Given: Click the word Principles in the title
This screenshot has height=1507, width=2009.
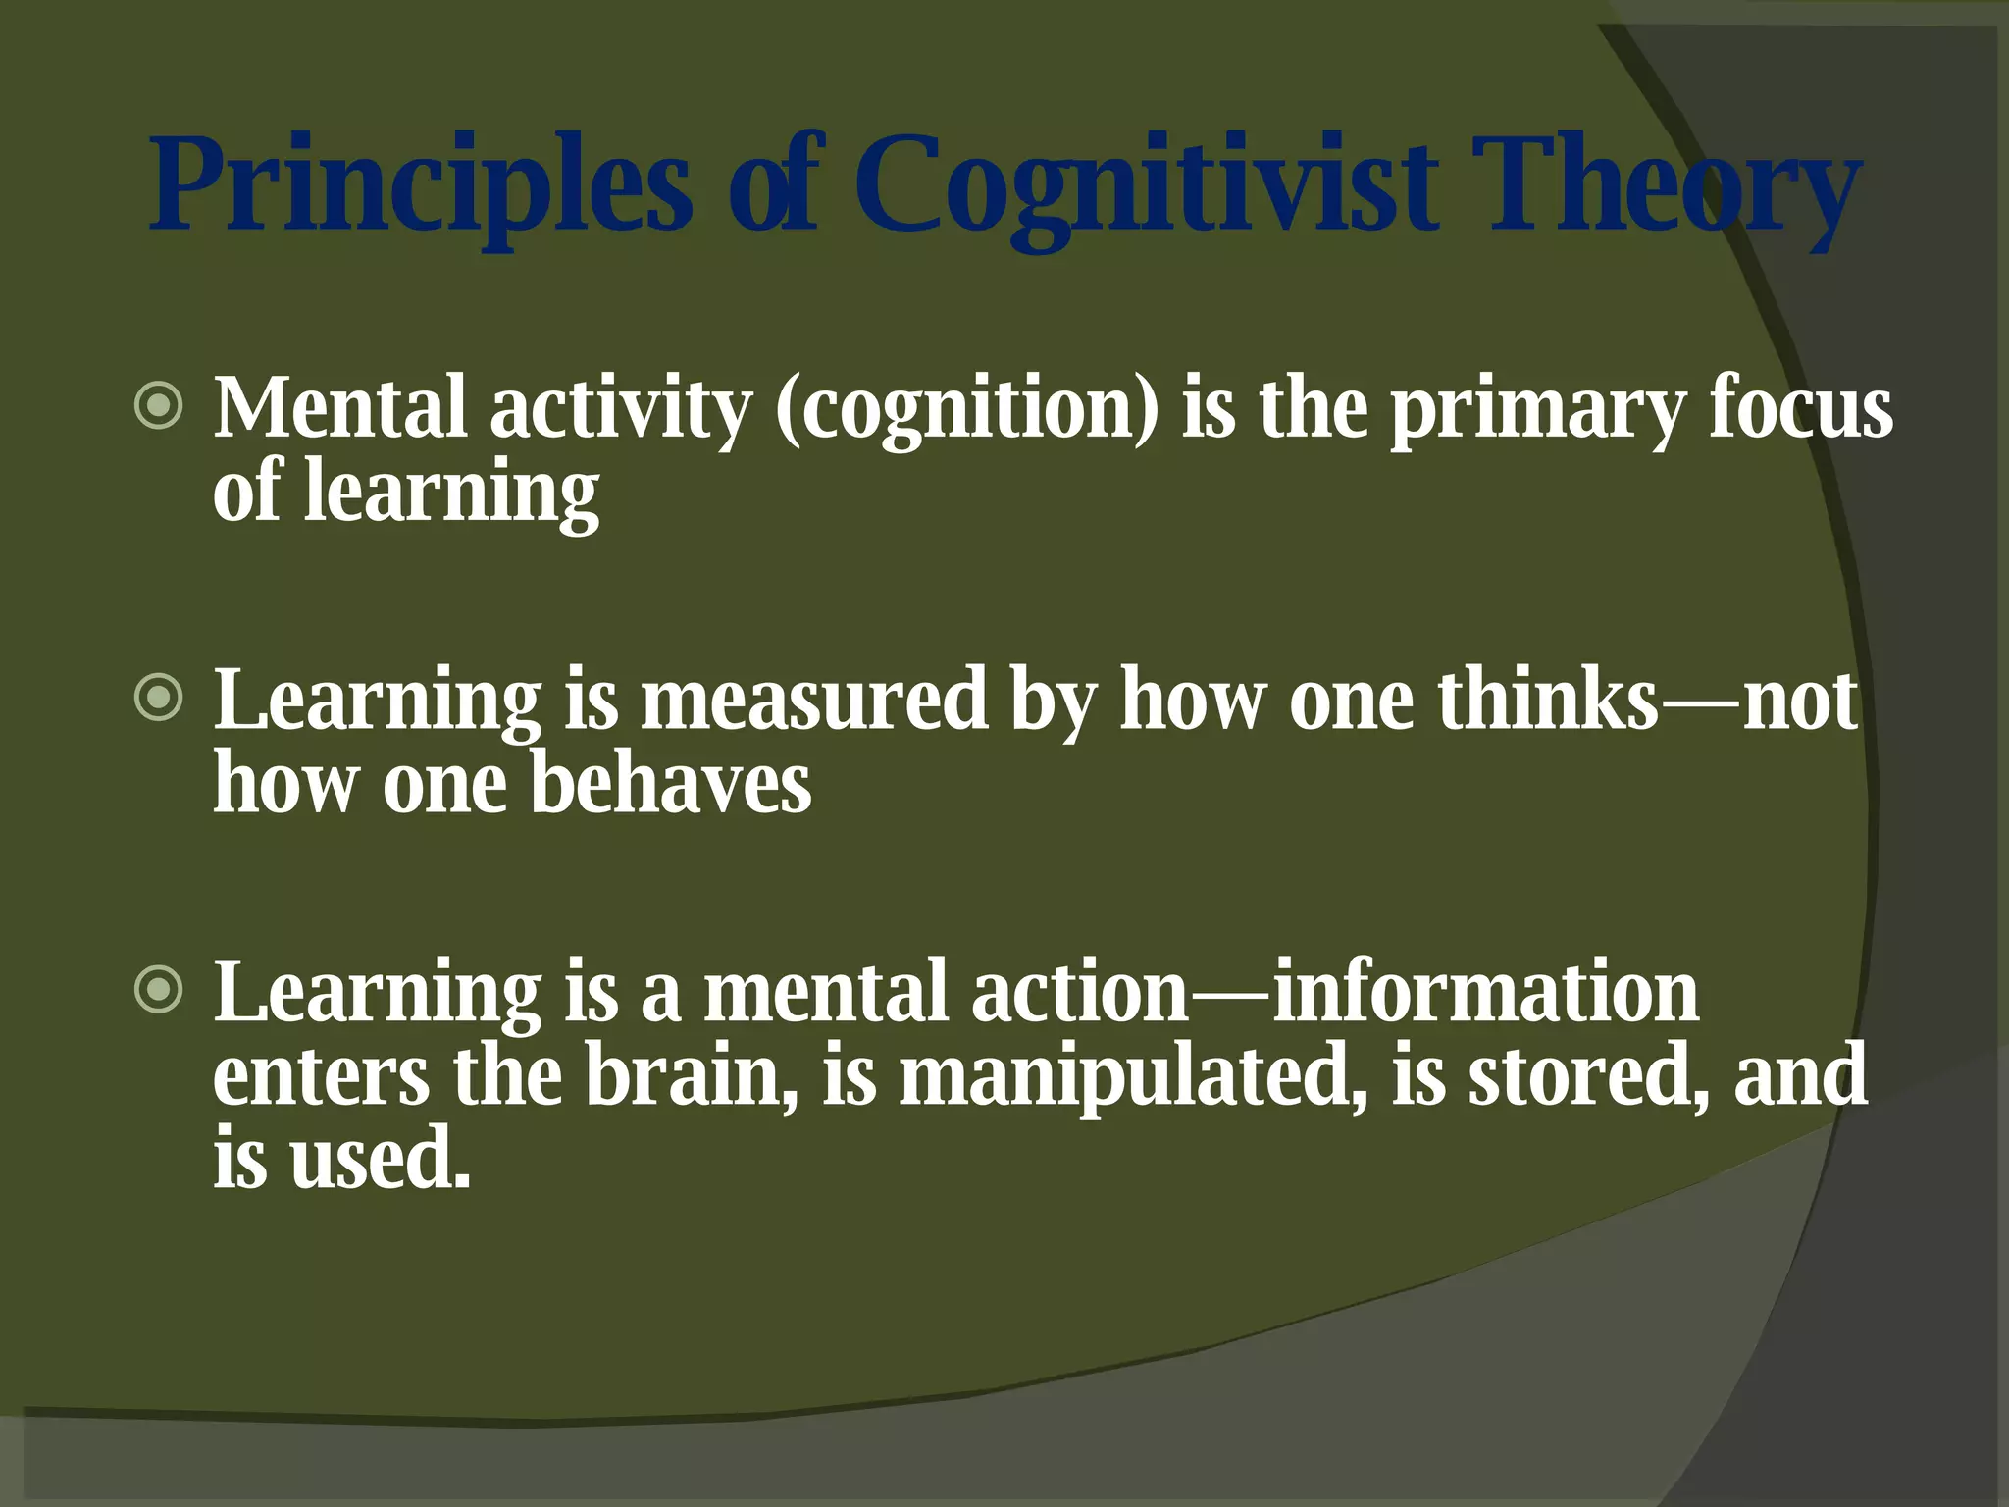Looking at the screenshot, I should pos(422,186).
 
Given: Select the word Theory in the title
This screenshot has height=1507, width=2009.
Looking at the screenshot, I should pos(1668,186).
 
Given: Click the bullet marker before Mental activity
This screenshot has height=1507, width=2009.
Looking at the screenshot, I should pos(159,406).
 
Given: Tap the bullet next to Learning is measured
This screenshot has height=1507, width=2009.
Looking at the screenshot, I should pos(159,699).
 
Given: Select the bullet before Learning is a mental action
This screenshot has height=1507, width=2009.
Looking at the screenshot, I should pos(159,990).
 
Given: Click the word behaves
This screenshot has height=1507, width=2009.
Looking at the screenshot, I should pos(671,784).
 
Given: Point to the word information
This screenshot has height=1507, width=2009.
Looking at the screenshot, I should pos(1485,992).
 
